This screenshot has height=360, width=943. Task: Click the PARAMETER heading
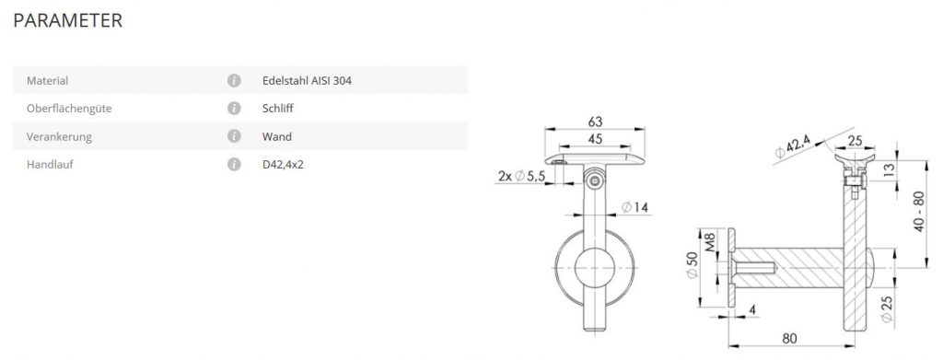[67, 20]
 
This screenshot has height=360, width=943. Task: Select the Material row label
[48, 80]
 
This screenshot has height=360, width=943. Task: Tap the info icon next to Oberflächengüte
[234, 109]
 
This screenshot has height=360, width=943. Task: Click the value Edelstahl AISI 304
[307, 80]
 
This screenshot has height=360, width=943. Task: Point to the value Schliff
[278, 109]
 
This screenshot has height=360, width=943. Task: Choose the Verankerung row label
[59, 137]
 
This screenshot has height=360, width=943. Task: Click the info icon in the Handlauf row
[234, 165]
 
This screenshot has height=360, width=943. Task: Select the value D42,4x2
[283, 165]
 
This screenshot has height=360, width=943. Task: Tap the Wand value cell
[276, 137]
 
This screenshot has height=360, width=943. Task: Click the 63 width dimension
[595, 122]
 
